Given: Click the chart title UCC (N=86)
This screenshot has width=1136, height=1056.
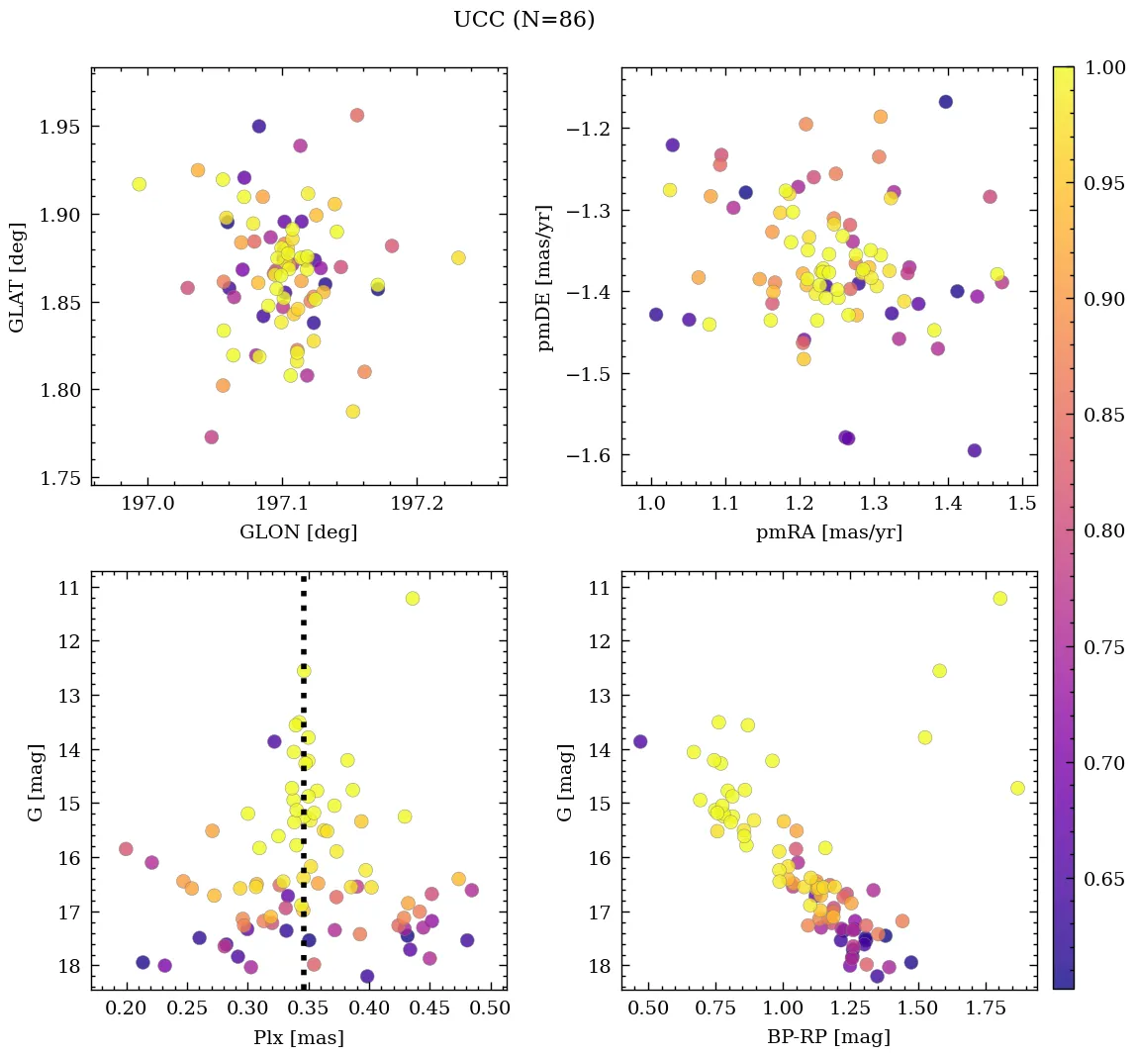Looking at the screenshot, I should coord(523,20).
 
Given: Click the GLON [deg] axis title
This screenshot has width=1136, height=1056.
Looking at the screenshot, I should coord(298,532).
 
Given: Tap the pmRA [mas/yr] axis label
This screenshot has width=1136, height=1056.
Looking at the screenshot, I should coord(828,532).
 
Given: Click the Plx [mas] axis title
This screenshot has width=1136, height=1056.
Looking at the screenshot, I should coord(298,1037).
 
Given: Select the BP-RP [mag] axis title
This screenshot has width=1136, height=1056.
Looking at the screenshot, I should coord(828,1037).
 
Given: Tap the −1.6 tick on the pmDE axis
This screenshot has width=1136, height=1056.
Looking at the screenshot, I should coord(591,455).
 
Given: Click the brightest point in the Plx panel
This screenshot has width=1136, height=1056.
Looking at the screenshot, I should coord(413,598).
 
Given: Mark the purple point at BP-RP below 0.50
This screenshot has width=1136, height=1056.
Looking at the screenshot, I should coord(640,741).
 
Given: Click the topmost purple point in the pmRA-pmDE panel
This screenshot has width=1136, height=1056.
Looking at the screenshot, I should coord(945,102).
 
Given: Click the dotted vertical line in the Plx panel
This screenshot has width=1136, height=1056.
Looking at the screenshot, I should coord(304,792).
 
